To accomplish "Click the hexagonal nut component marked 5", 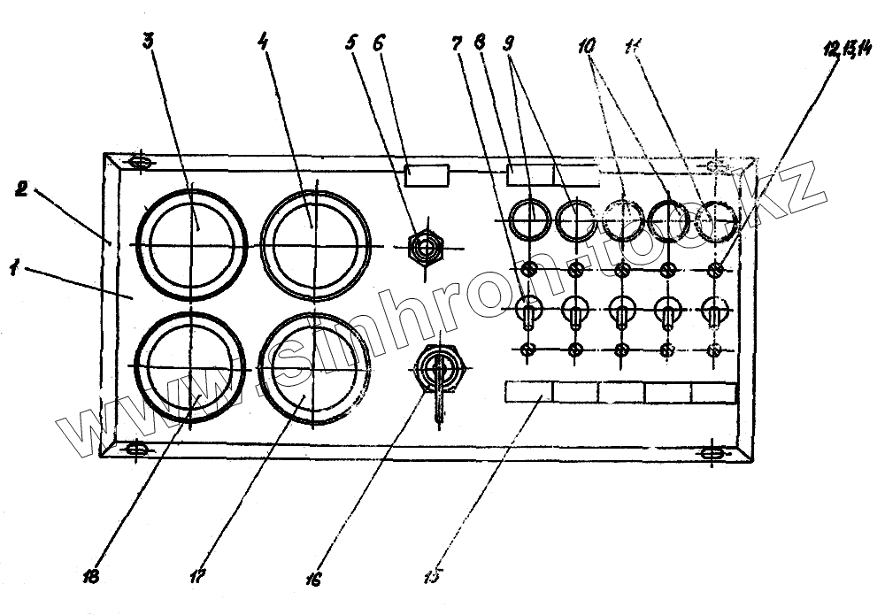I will pyautogui.click(x=424, y=247).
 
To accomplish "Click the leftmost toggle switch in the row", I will pyautogui.click(x=529, y=311).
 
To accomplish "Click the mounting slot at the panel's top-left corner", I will pyautogui.click(x=138, y=162).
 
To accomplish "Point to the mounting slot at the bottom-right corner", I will pyautogui.click(x=711, y=454).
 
